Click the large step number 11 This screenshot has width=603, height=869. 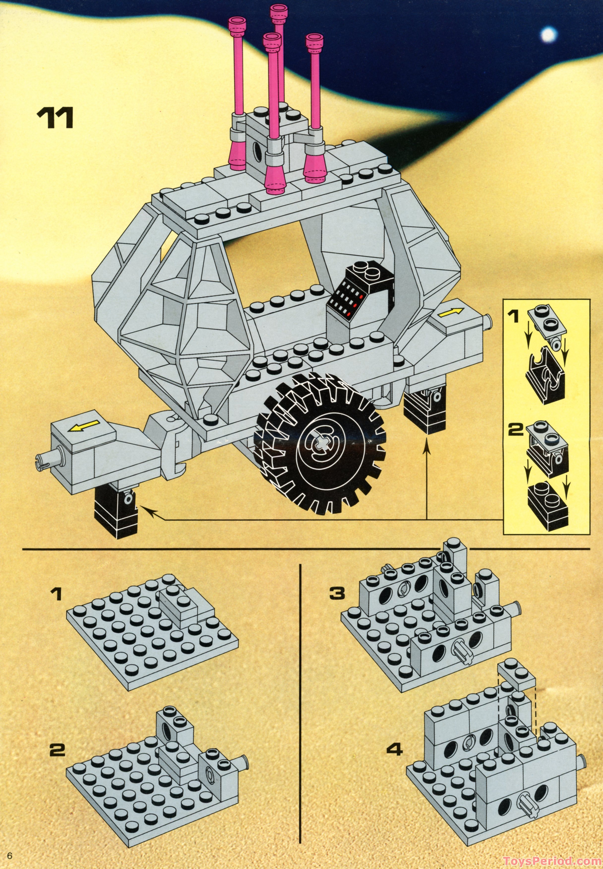pos(55,118)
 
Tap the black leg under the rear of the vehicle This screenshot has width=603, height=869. pos(424,410)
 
